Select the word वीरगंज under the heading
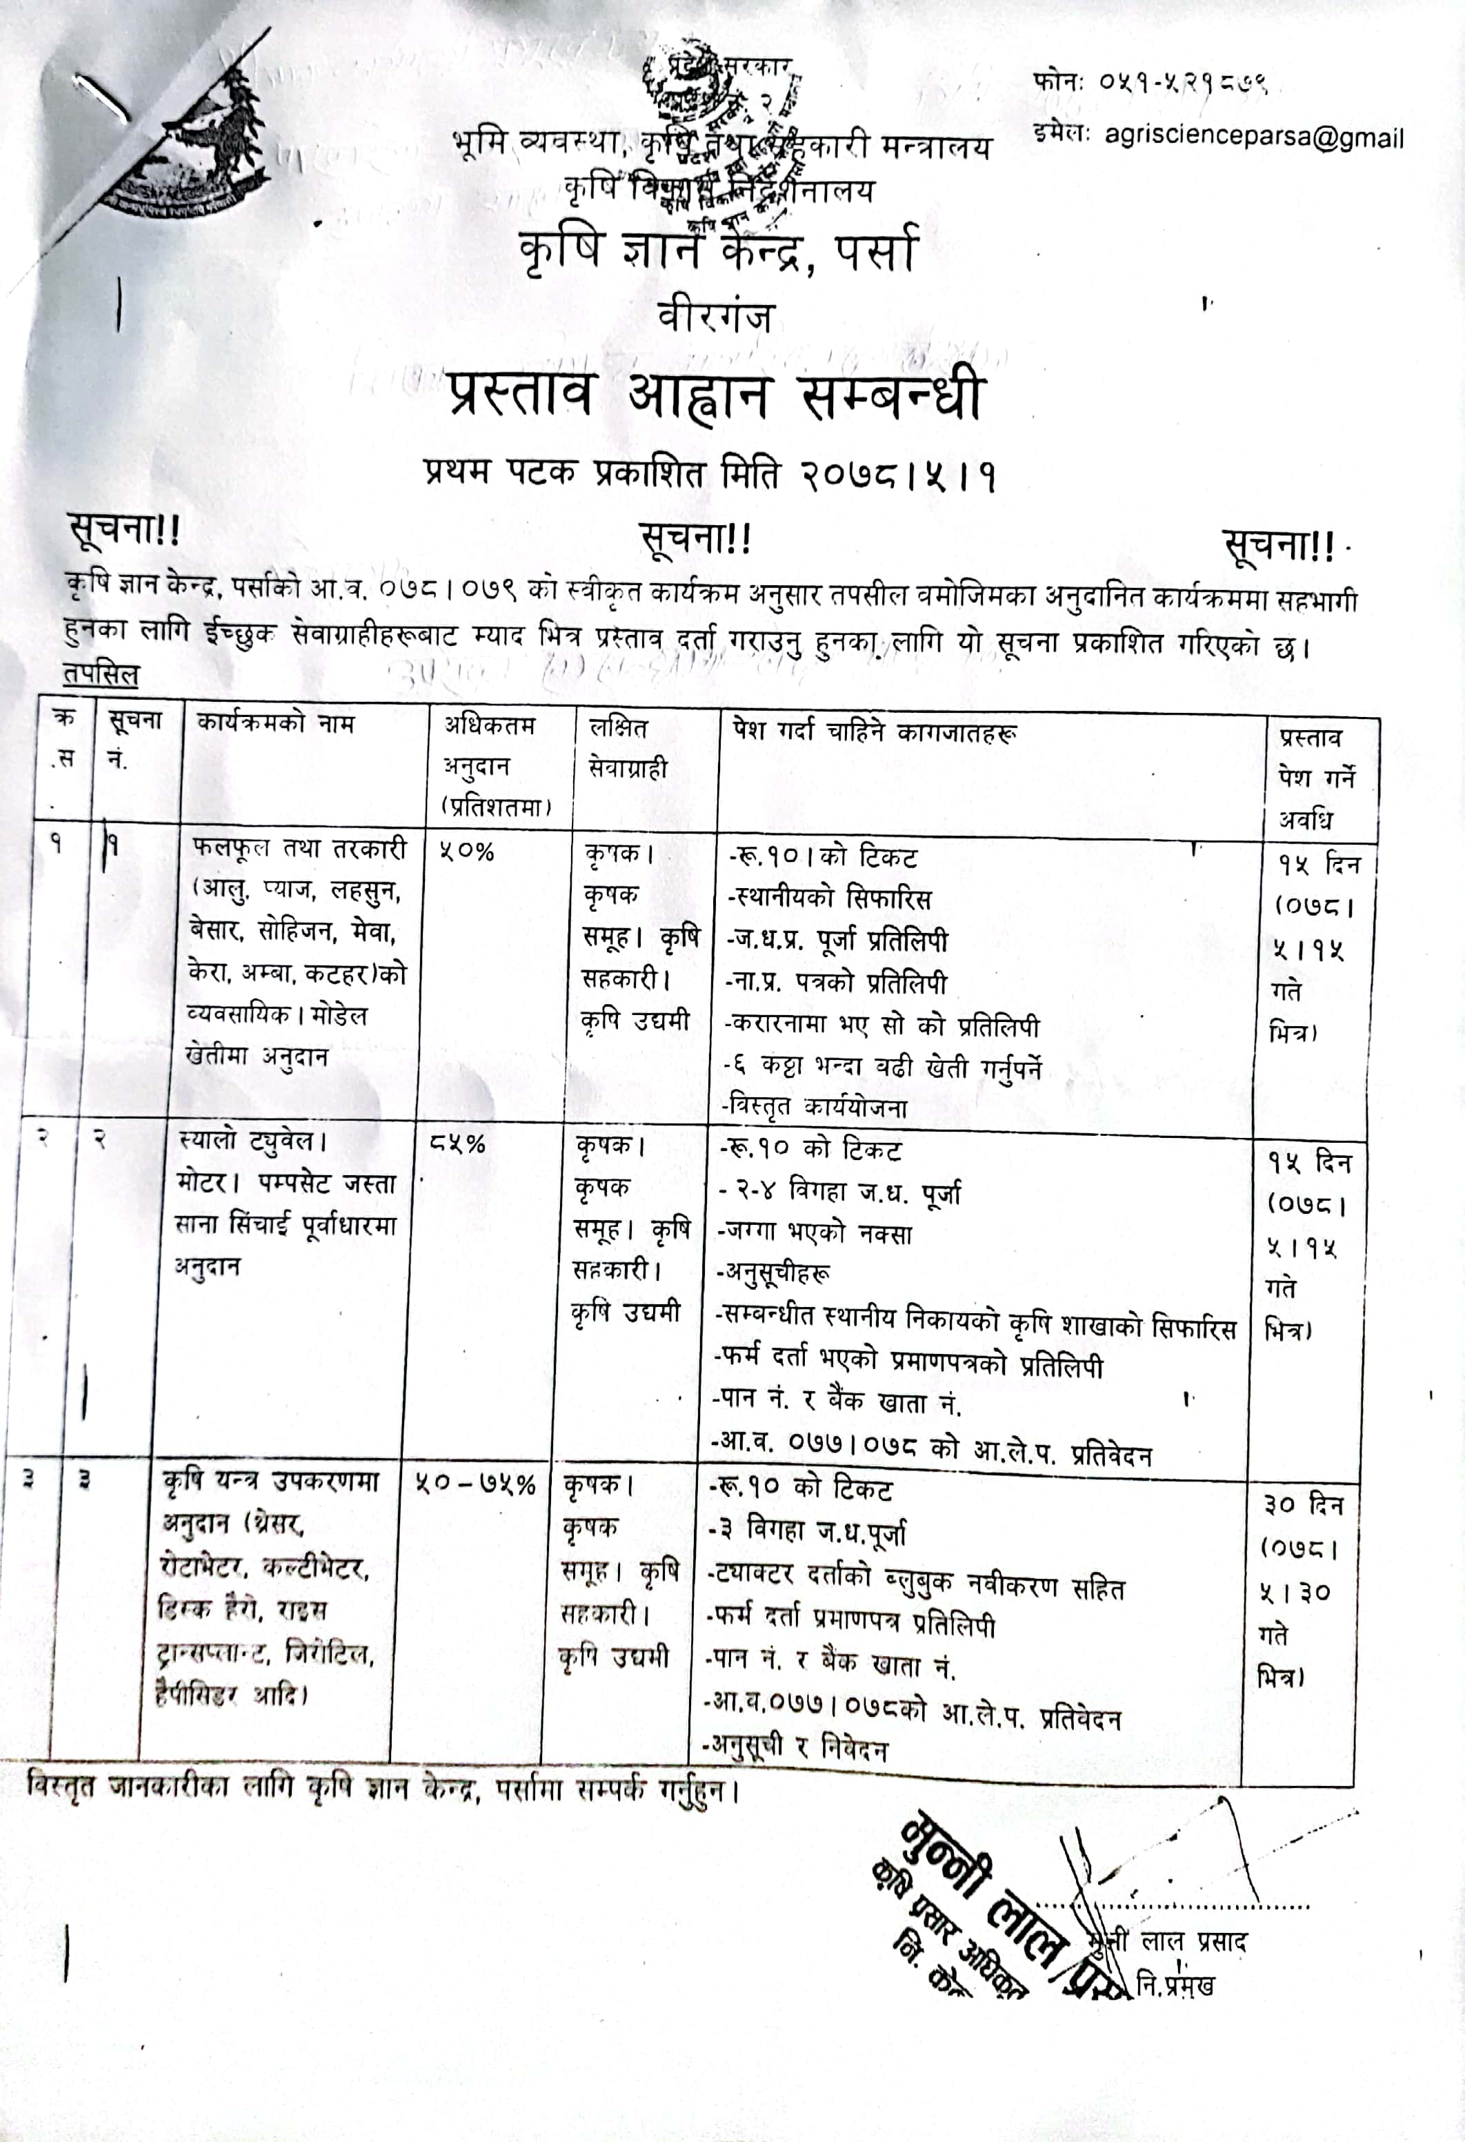coord(715,317)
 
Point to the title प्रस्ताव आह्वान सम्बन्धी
coord(716,396)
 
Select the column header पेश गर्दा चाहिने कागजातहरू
coord(875,733)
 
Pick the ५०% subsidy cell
coord(466,852)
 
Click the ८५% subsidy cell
coord(458,1145)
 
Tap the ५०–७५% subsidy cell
coord(475,1485)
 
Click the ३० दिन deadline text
coord(1303,1505)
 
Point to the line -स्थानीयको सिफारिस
coord(830,898)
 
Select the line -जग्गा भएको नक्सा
coord(815,1233)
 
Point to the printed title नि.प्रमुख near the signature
coord(1175,1985)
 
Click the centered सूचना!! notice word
coord(696,539)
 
